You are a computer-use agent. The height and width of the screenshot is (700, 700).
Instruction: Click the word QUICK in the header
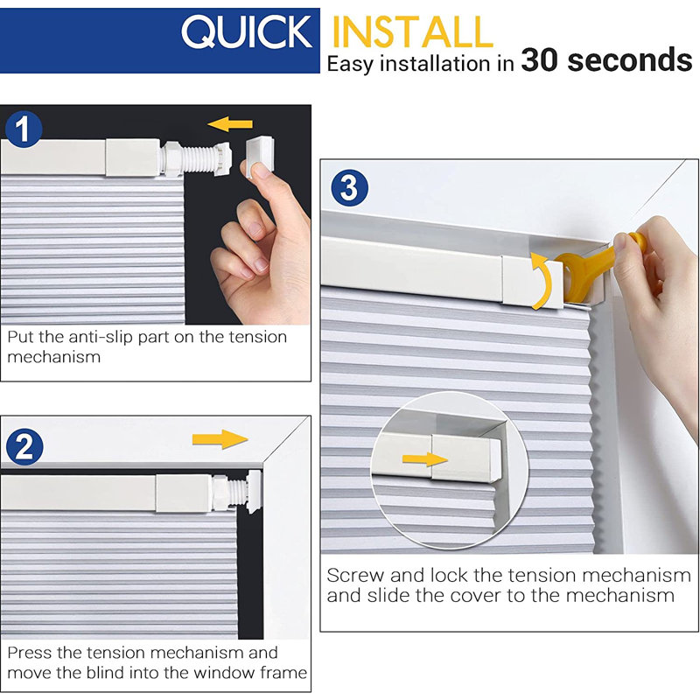(246, 32)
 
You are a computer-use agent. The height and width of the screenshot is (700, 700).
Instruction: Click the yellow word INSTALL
(413, 32)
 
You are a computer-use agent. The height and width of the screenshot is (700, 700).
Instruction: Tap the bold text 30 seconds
(606, 60)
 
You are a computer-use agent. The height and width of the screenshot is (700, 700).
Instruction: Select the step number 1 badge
(24, 131)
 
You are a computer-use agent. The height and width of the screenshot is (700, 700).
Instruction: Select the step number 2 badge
(24, 447)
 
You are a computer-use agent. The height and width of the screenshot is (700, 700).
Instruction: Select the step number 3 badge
(348, 188)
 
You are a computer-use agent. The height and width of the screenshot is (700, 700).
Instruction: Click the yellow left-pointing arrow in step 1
(231, 124)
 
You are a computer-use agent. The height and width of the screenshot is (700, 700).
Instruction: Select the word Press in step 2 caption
(31, 653)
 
